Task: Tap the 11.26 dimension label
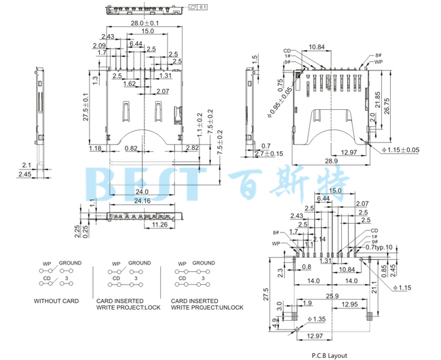point(160,224)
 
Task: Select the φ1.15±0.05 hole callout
point(401,150)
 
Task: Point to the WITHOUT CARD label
point(56,300)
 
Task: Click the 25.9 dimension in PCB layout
point(332,296)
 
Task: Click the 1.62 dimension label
point(130,84)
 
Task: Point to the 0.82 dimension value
point(131,148)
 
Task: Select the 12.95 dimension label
point(350,304)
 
